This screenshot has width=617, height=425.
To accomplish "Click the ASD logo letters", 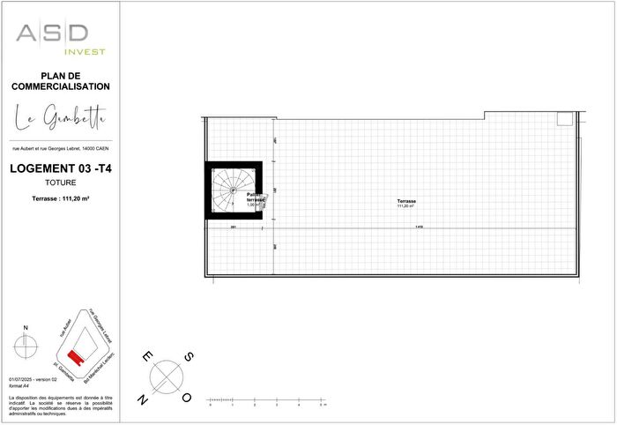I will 52,34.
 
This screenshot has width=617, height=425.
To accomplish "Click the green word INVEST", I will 87,52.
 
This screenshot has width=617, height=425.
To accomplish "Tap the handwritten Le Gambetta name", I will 61,116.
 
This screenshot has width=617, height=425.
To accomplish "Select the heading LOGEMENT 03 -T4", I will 61,168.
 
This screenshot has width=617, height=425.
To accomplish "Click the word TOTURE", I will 61,183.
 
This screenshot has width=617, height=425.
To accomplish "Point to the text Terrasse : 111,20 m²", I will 61,199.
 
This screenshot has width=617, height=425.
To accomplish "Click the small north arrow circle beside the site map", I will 26,347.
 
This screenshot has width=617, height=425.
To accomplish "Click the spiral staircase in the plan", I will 234,190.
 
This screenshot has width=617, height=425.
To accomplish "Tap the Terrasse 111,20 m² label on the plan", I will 405,204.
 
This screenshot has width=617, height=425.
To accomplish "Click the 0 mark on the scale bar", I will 209,406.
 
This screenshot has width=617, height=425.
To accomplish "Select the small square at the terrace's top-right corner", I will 564,119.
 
